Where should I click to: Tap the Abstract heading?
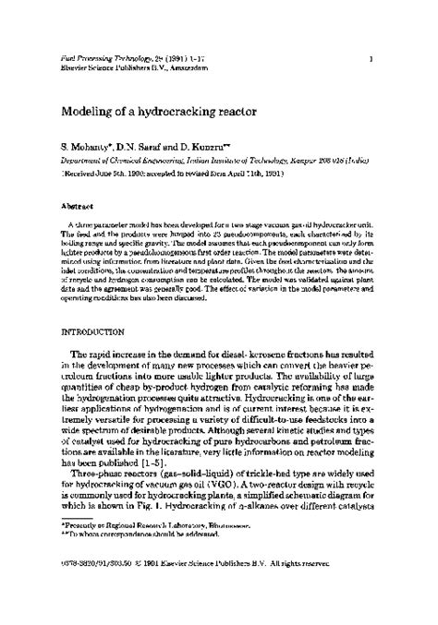[x=77, y=208]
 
